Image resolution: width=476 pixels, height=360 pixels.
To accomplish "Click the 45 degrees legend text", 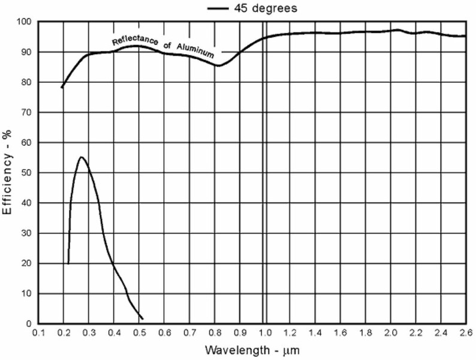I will (264, 8).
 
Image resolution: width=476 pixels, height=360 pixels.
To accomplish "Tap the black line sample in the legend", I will (218, 8).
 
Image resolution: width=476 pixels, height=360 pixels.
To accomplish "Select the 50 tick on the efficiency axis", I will (26, 173).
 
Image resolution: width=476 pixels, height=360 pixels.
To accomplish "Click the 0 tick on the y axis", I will (29, 324).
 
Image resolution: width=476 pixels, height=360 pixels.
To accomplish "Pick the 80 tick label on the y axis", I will (26, 82).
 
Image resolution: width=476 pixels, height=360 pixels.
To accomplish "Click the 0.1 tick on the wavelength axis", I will (39, 332).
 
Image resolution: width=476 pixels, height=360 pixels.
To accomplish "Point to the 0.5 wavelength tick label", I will (139, 332).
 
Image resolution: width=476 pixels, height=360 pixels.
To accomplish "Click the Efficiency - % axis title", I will (8, 174).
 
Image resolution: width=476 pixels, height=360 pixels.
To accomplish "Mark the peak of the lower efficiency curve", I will (82, 157).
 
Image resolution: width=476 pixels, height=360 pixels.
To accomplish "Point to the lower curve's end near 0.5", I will (142, 319).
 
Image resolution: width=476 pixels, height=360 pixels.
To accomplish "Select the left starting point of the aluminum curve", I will (62, 88).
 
